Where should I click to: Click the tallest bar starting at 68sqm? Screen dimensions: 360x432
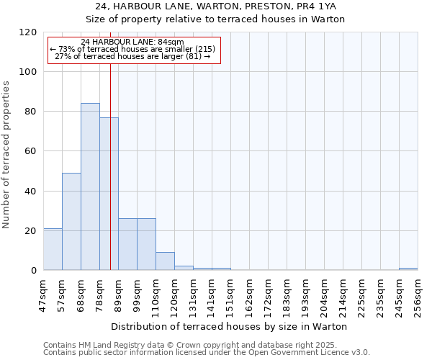90,186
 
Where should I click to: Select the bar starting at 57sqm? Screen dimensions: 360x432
71,221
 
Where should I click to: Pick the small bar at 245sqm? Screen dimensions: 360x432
408,269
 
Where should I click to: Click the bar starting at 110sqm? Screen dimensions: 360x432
165,261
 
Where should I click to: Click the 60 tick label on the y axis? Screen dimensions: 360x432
31,151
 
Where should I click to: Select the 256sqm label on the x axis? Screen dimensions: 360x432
418,294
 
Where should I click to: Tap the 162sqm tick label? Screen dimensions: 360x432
249,294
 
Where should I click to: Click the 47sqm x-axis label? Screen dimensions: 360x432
43,294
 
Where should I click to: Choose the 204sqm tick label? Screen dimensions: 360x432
324,294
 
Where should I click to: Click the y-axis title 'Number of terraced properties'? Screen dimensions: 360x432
6,155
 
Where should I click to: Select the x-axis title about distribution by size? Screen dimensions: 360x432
230,326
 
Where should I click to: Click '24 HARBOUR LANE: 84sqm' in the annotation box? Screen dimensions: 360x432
132,42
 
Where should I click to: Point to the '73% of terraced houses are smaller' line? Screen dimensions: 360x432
132,49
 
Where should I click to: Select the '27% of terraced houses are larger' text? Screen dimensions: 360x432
132,56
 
